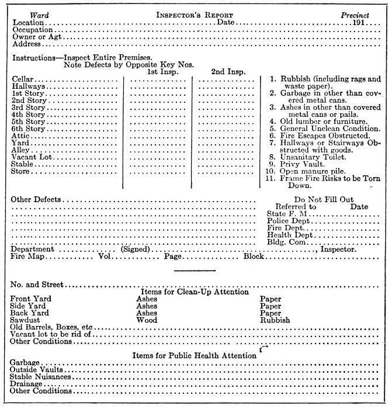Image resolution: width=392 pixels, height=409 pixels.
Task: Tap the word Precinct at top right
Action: pos(355,13)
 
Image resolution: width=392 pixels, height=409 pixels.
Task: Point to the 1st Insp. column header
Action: pos(163,71)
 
